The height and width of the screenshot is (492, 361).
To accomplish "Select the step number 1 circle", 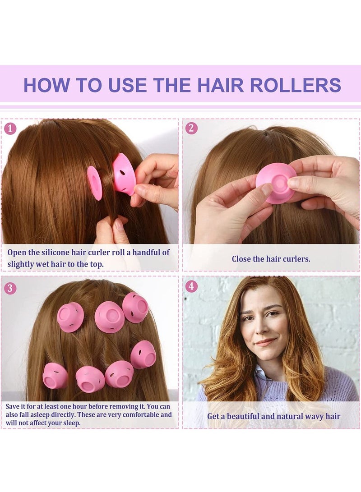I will [x=10, y=128].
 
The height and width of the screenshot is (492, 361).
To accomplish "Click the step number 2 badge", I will [x=191, y=128].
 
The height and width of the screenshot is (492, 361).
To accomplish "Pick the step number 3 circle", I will [x=10, y=287].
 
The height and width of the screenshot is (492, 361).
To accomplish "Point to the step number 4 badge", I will [x=191, y=286].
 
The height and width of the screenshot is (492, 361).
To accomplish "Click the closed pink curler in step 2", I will [x=276, y=183].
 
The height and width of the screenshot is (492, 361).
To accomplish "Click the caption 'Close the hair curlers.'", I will [x=271, y=259].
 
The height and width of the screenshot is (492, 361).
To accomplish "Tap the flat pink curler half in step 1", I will [x=94, y=183].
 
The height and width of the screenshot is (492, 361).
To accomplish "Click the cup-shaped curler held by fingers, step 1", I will [x=124, y=174].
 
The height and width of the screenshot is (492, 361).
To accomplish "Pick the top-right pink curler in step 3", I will [x=135, y=307].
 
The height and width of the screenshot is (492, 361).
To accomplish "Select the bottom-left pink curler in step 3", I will [x=55, y=376].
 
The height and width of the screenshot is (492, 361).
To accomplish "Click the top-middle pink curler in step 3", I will [x=109, y=317].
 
